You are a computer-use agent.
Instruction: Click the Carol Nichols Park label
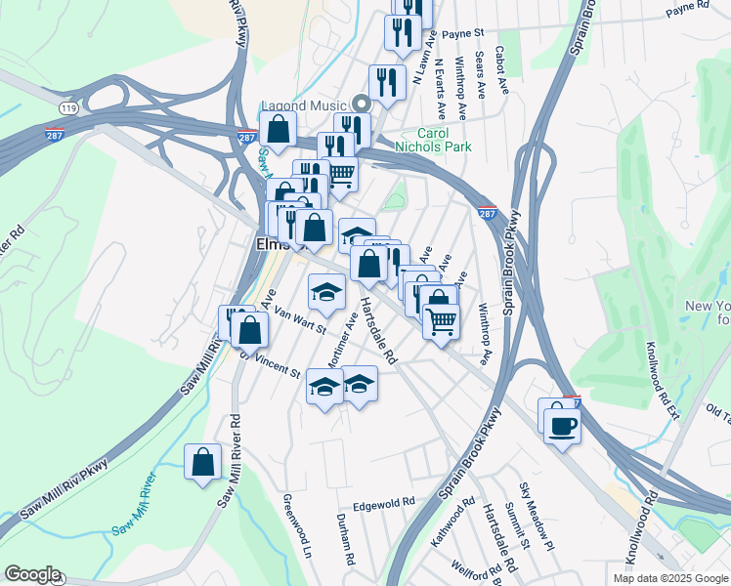432,140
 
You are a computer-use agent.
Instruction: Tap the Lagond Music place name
304,105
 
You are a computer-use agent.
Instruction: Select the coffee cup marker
562,425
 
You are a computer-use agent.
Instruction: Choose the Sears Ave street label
480,75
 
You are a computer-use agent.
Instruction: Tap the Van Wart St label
300,317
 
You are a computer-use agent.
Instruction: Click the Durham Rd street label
344,540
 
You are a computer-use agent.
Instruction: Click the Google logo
31,574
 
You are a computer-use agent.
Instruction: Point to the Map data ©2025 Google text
670,578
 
